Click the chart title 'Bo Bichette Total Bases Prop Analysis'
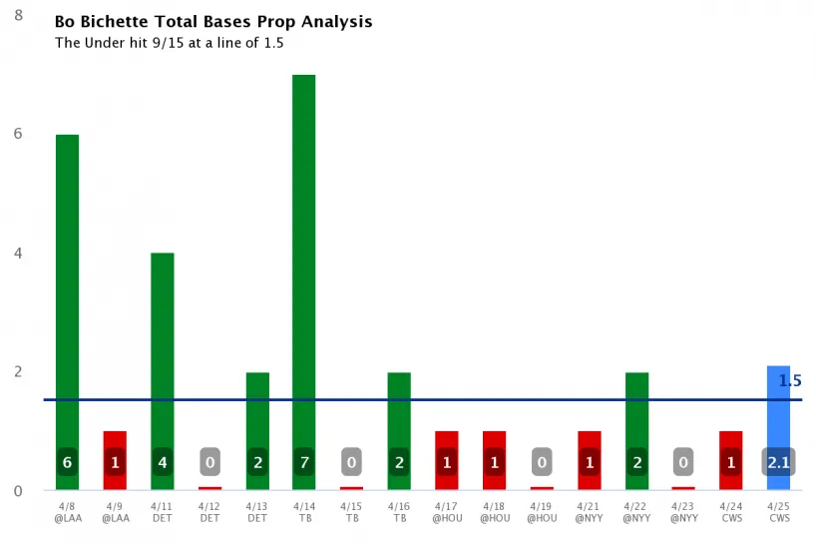(212, 21)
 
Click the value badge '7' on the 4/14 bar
(304, 462)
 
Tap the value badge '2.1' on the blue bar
(779, 462)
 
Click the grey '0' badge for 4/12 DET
(210, 462)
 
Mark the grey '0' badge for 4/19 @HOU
(542, 462)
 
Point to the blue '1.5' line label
(789, 380)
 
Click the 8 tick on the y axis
(19, 15)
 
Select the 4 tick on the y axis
(19, 253)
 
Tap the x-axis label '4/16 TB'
(399, 512)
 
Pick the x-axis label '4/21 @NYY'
(589, 512)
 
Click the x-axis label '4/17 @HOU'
(447, 512)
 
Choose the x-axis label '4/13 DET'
(257, 512)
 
